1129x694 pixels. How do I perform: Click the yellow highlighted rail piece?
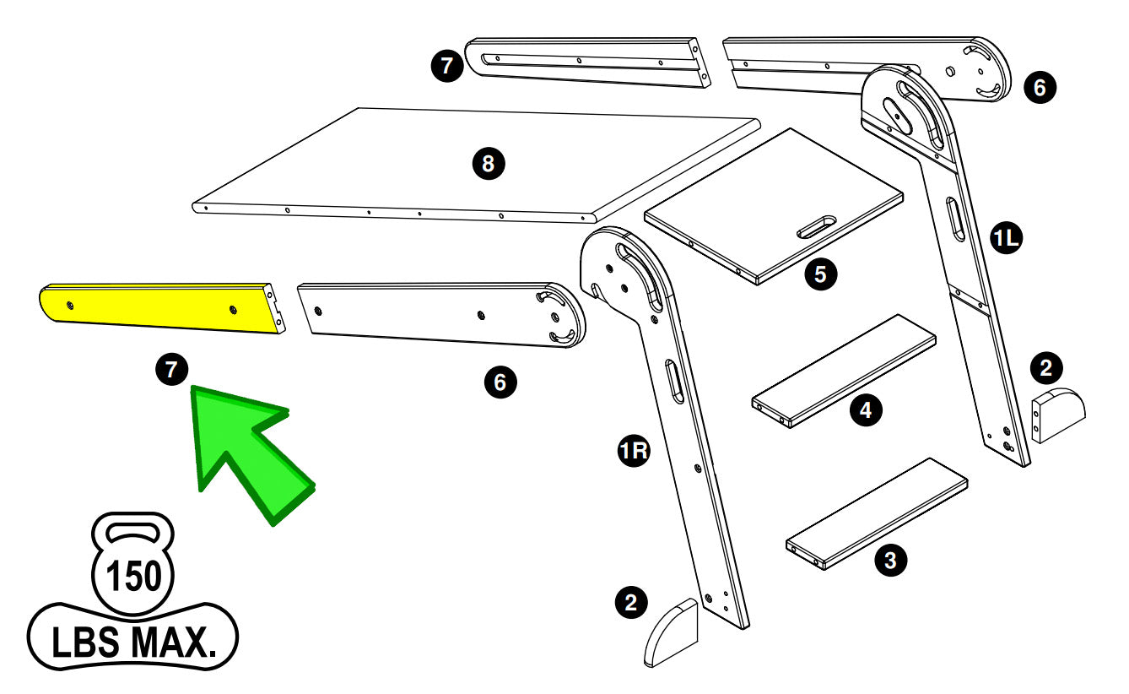click(160, 308)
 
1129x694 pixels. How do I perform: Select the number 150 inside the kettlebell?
click(132, 577)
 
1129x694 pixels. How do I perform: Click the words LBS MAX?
click(132, 643)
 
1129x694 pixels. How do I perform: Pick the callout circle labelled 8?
click(488, 164)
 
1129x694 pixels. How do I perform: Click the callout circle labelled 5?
click(820, 274)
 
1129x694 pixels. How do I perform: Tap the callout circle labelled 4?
click(866, 410)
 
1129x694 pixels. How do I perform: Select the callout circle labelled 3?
click(890, 559)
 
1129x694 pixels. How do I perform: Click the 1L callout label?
click(1007, 240)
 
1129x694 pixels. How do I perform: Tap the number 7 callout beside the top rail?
click(447, 67)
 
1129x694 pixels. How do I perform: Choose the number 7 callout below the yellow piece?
click(171, 370)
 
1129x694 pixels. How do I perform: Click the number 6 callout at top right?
click(1040, 86)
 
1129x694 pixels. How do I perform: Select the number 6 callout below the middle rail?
click(500, 382)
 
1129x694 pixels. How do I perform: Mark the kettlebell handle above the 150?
click(132, 533)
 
